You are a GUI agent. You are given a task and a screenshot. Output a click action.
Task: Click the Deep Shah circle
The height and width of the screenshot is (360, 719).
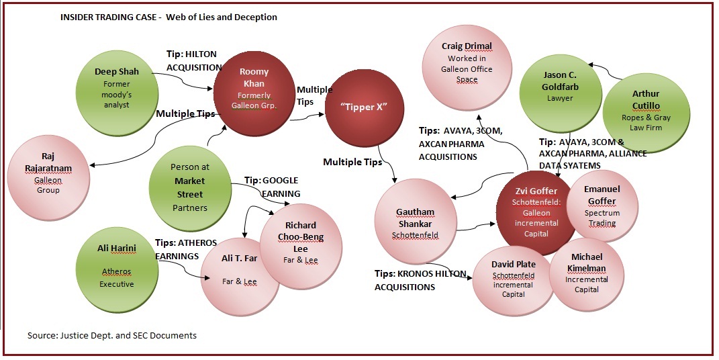pyautogui.click(x=117, y=85)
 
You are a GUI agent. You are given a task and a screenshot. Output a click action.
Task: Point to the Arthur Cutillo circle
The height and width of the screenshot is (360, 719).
pyautogui.click(x=645, y=106)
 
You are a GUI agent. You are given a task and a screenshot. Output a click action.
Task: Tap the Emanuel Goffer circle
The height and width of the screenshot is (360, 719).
pyautogui.click(x=602, y=206)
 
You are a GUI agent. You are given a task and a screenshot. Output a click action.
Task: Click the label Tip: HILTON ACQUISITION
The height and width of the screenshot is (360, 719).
pyautogui.click(x=194, y=60)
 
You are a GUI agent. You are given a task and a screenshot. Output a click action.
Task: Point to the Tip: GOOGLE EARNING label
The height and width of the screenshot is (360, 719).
pyautogui.click(x=271, y=187)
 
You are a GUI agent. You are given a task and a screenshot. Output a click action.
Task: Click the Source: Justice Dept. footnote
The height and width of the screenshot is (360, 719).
pyautogui.click(x=112, y=334)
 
